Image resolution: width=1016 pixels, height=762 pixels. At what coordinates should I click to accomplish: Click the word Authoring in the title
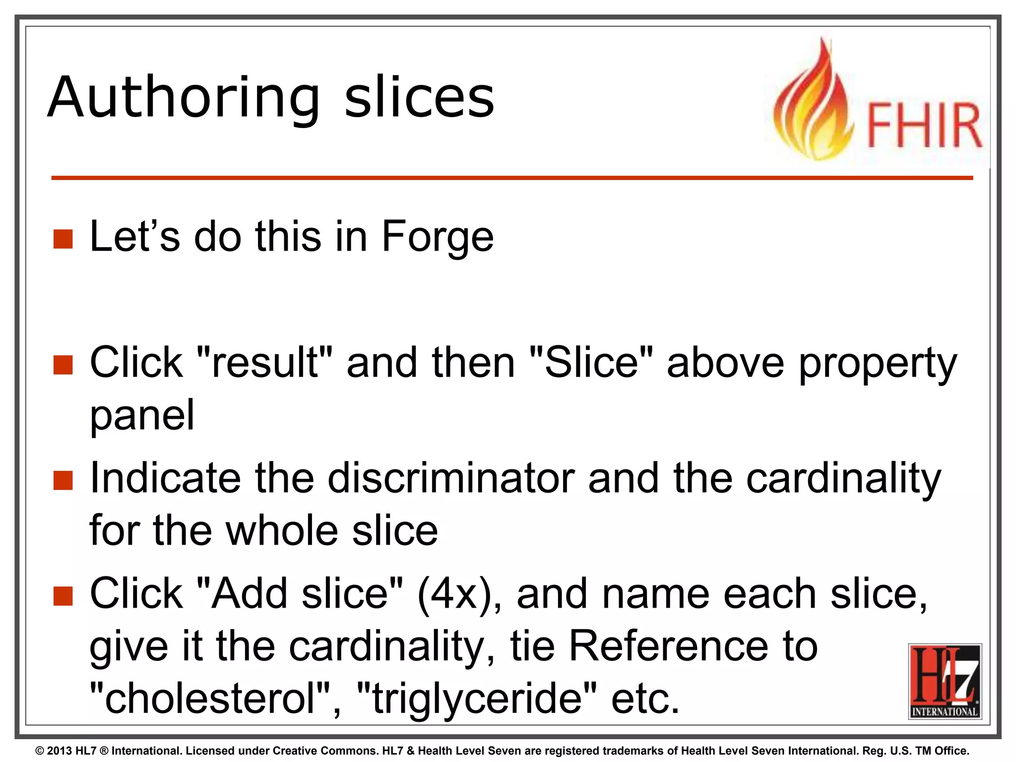coord(184,98)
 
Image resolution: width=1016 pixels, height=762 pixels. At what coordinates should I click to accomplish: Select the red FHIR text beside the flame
coord(924,126)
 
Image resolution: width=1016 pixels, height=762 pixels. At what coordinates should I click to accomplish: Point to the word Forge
coord(438,237)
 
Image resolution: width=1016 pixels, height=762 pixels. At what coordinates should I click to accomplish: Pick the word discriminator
coord(451,478)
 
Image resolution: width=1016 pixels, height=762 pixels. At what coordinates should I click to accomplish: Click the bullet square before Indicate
coord(63,480)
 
